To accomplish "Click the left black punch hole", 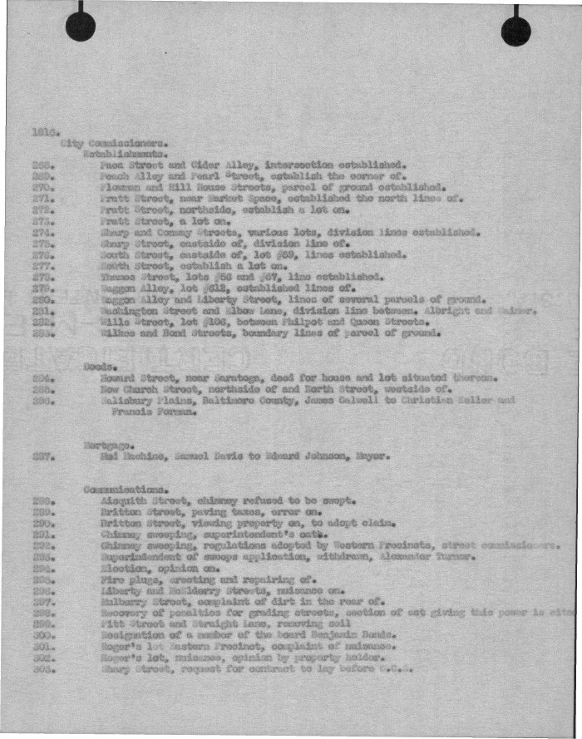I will [x=81, y=27].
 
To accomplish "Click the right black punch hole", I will [x=515, y=31].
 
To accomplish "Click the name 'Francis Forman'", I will [x=151, y=411].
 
